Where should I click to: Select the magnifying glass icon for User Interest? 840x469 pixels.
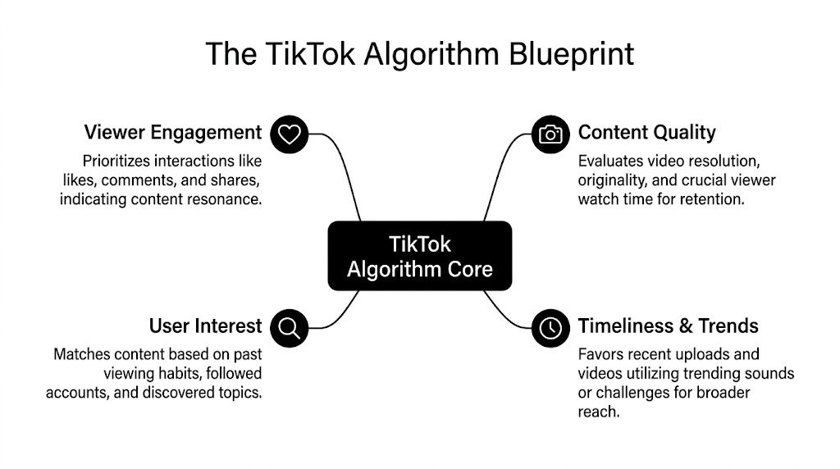coord(289,328)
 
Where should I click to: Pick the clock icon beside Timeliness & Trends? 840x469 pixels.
coord(550,328)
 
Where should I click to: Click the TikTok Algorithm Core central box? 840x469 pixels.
coord(419,256)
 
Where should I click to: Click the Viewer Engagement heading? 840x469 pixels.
coord(172,133)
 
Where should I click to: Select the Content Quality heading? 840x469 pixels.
coord(646,133)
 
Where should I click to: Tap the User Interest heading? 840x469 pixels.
coord(205,326)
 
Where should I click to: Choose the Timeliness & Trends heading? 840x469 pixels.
coord(668,326)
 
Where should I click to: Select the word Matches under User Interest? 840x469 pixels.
coord(79,355)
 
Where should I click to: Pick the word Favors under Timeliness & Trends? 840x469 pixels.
coord(600,355)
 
